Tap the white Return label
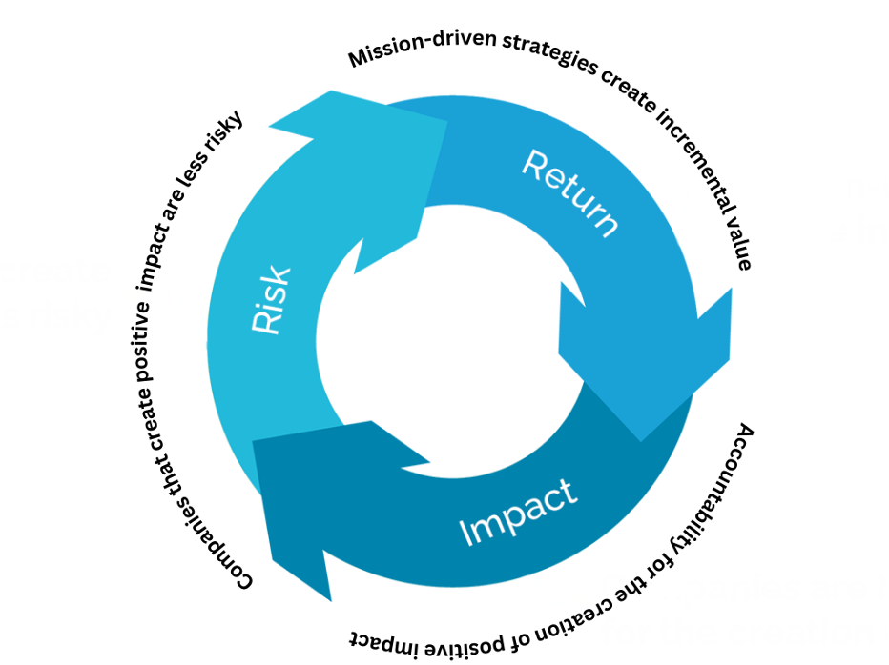pyautogui.click(x=570, y=192)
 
